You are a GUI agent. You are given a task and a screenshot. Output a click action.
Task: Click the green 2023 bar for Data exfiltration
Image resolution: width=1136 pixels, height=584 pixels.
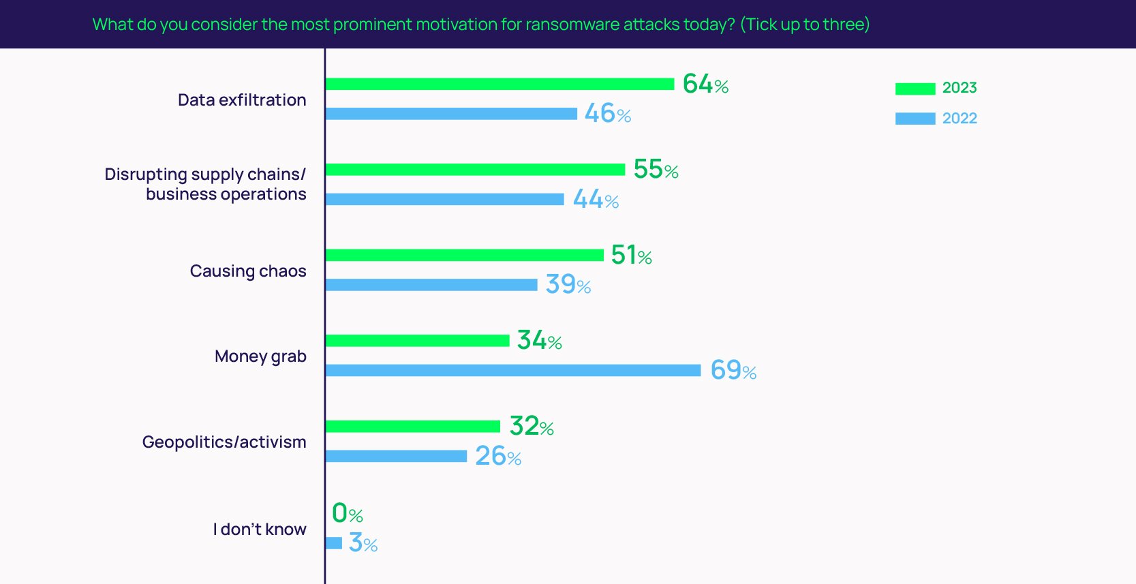click(500, 84)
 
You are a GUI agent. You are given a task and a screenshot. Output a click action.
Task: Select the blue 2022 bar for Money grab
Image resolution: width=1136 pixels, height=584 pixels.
click(512, 370)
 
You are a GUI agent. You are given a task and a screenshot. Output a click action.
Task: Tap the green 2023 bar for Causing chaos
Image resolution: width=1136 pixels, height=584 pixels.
click(464, 255)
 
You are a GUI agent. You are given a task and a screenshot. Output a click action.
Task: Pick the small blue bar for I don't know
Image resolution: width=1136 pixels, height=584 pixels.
click(334, 543)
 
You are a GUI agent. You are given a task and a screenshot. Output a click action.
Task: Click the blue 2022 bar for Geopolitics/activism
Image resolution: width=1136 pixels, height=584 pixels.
click(396, 456)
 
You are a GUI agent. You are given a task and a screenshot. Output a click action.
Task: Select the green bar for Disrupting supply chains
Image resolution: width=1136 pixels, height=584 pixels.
click(475, 170)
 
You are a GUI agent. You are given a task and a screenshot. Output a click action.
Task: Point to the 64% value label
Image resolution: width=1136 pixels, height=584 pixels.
click(705, 84)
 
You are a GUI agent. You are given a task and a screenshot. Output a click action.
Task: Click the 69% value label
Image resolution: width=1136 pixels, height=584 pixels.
click(733, 370)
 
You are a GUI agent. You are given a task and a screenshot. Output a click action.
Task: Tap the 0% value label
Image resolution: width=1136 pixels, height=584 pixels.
click(347, 513)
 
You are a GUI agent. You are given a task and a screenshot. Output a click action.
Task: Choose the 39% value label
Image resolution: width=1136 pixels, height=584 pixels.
click(568, 284)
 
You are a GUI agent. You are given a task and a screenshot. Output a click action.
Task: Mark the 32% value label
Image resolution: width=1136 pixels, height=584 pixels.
click(532, 426)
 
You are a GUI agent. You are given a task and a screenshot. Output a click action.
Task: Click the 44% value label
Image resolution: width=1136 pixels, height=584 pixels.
click(596, 199)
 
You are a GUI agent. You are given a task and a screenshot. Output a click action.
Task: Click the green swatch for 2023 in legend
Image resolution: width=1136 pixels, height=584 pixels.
click(915, 89)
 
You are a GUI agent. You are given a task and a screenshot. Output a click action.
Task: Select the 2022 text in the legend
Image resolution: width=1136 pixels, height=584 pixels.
click(960, 119)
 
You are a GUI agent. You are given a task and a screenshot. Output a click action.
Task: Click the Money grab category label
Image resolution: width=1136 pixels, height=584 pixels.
click(260, 356)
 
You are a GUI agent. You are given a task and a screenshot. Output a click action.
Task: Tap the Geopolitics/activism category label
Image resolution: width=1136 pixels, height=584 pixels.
click(224, 442)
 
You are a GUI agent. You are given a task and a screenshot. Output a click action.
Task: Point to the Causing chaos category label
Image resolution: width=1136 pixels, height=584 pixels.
click(248, 271)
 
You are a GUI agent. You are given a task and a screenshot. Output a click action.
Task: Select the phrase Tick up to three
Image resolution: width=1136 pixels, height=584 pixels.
click(805, 25)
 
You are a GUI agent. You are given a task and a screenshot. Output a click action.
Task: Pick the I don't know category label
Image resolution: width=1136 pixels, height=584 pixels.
click(260, 529)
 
